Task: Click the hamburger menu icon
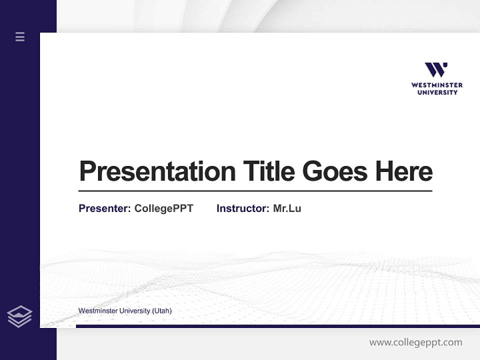pyautogui.click(x=20, y=36)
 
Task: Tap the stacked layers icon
pyautogui.click(x=19, y=316)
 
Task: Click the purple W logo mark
pyautogui.click(x=436, y=70)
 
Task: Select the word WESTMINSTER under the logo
pyautogui.click(x=437, y=85)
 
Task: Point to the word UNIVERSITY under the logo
pyautogui.click(x=437, y=92)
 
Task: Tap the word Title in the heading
pyautogui.click(x=269, y=171)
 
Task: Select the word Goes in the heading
pyautogui.click(x=335, y=171)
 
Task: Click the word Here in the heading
pyautogui.click(x=403, y=171)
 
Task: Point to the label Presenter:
pyautogui.click(x=104, y=208)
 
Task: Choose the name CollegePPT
pyautogui.click(x=163, y=208)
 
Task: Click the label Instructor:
pyautogui.click(x=242, y=208)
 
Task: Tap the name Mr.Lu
pyautogui.click(x=287, y=208)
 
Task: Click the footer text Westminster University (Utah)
pyautogui.click(x=125, y=311)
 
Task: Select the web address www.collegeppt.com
pyautogui.click(x=415, y=342)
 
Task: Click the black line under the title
pyautogui.click(x=255, y=191)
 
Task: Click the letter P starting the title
pyautogui.click(x=87, y=171)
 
